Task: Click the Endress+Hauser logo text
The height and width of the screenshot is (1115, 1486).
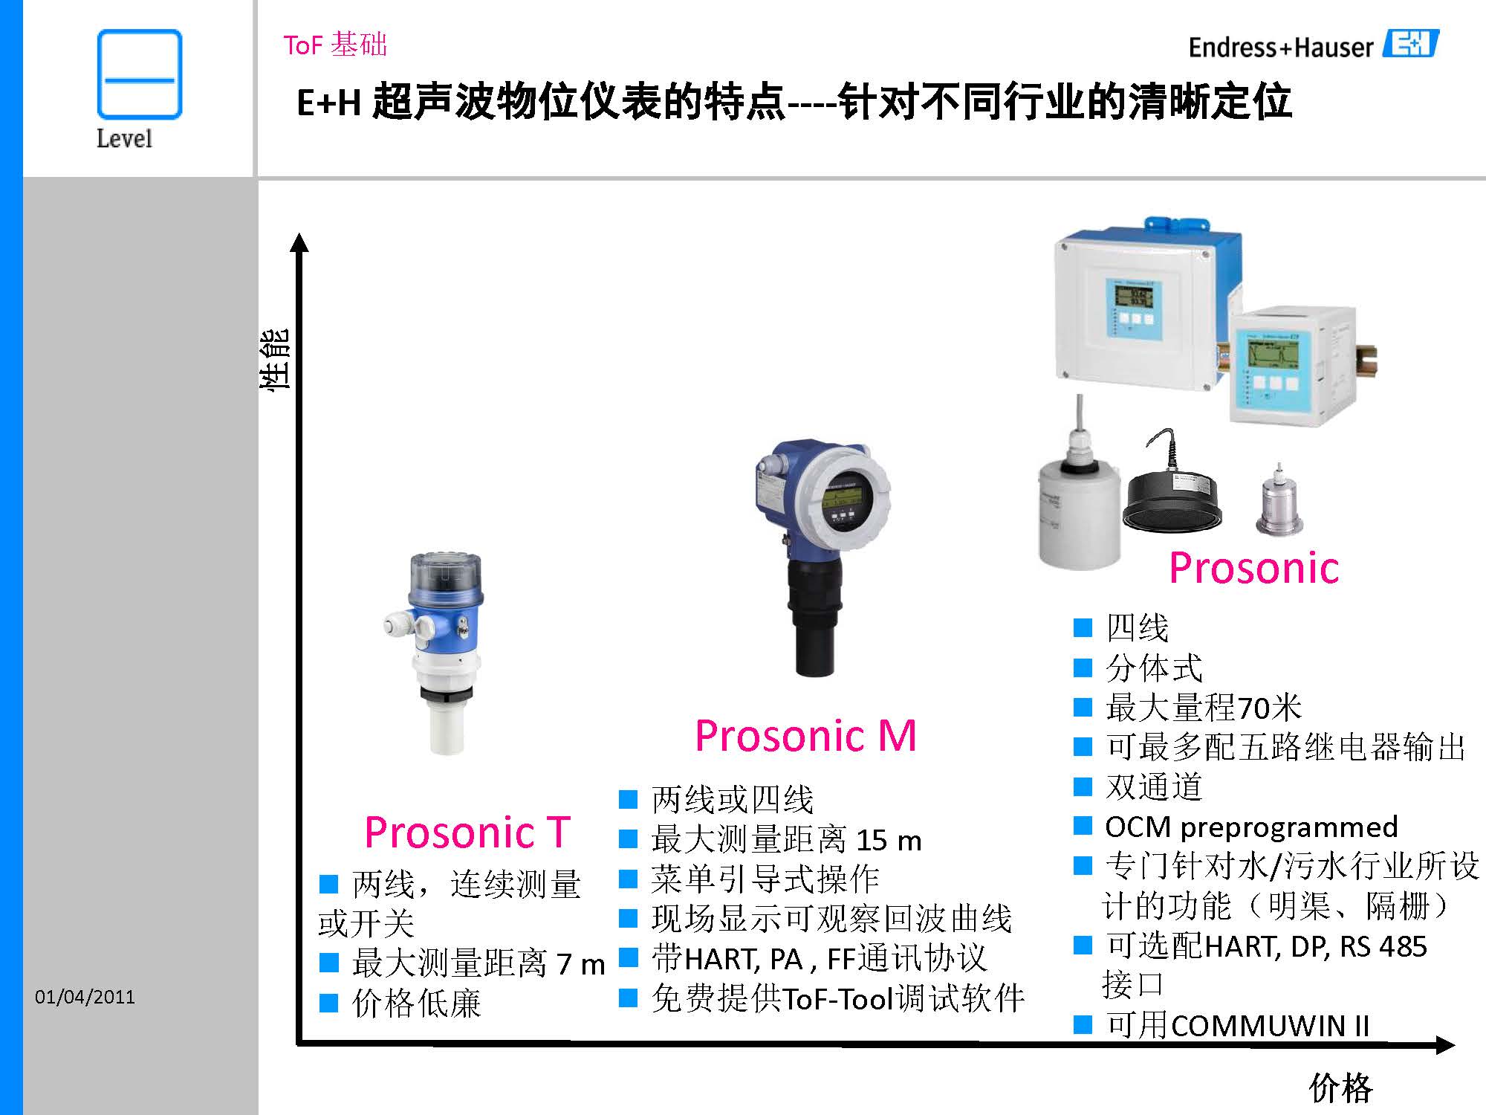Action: pos(1281,48)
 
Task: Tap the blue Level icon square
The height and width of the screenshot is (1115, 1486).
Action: pos(140,74)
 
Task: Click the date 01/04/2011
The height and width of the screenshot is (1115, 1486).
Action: pos(85,997)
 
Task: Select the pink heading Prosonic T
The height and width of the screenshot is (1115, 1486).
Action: pos(467,832)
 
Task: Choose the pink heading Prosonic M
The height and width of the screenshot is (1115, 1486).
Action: pos(805,736)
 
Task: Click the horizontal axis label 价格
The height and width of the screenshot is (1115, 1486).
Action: pos(1341,1088)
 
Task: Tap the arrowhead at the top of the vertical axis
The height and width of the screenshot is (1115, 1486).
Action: pos(299,242)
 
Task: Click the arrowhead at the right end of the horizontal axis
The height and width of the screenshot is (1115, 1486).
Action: pos(1444,1045)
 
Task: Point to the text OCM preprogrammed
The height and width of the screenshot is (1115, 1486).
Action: pos(1251,827)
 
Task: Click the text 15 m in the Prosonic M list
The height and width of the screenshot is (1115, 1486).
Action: pos(889,841)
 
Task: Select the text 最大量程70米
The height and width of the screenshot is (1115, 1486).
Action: pos(1204,708)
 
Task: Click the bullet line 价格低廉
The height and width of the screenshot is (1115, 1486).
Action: pos(416,1003)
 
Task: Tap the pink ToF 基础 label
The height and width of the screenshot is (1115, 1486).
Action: pos(335,45)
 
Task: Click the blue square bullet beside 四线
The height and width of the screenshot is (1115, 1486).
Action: pos(1083,628)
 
